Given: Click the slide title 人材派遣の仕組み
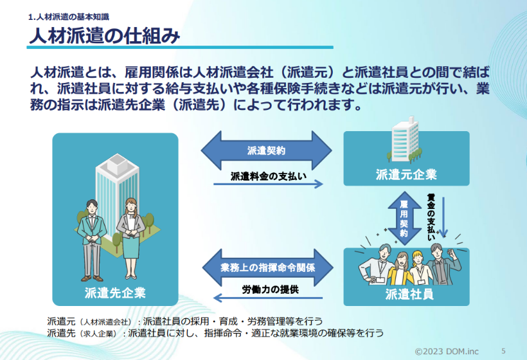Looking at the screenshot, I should [x=103, y=35].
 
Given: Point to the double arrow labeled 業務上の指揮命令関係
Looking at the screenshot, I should [x=267, y=266].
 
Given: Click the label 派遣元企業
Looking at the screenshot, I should [x=406, y=175].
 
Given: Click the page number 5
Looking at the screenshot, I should [x=503, y=350].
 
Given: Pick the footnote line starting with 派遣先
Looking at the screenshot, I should [x=215, y=332].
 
